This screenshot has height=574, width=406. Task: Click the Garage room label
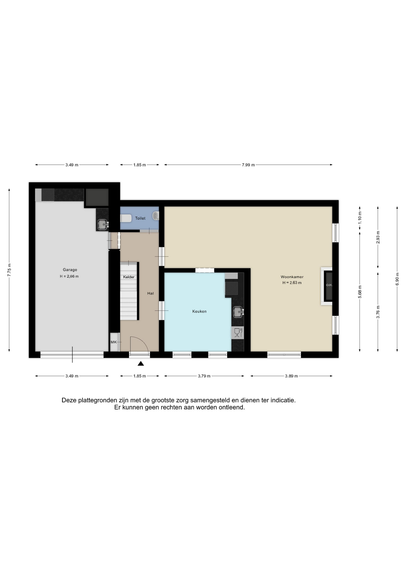(70, 270)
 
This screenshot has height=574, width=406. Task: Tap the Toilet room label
(140, 218)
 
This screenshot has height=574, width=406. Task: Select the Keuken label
(199, 311)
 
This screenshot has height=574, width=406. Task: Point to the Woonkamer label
(292, 277)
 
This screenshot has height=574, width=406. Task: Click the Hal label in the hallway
(150, 293)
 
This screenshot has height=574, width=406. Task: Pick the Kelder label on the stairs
(129, 277)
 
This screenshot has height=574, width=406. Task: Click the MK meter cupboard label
(114, 342)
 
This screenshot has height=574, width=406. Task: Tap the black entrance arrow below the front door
(141, 364)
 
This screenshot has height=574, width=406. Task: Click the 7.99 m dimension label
(248, 165)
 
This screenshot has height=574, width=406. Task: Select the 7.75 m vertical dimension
(9, 270)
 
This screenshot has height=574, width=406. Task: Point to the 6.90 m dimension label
(397, 279)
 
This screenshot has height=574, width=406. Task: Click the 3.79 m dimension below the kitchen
(204, 376)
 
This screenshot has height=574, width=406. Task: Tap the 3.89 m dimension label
(291, 376)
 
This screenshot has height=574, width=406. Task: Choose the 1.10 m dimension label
(360, 218)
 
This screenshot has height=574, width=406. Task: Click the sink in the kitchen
(238, 312)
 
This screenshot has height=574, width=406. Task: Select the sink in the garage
(103, 224)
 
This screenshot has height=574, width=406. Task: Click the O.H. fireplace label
(329, 285)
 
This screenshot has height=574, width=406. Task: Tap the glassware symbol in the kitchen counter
(238, 333)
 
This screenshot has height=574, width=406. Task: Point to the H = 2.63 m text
(292, 283)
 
